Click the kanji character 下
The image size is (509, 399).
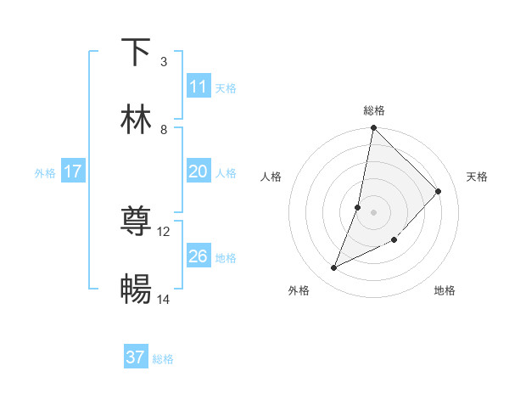[x=136, y=52]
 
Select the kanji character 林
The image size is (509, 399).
[x=136, y=120]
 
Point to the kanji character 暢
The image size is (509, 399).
[x=136, y=289]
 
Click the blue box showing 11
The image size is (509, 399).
[x=199, y=87]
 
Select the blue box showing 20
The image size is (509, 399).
[x=199, y=171]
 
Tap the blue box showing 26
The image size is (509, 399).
[x=199, y=256]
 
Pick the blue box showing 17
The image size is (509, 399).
[x=73, y=171]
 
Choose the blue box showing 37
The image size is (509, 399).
[x=136, y=357]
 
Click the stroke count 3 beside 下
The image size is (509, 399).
[x=163, y=61]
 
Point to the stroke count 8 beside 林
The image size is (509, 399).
[x=164, y=129]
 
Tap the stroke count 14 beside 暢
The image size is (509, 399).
[x=164, y=299]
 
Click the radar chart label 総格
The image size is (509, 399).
[x=374, y=110]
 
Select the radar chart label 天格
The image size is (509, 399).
[x=477, y=177]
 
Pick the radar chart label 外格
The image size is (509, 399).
[x=299, y=290]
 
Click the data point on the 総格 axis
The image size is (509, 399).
[x=373, y=128]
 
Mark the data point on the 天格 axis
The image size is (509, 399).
[x=439, y=191]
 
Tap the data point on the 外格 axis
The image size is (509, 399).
[x=334, y=268]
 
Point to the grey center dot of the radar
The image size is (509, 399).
[x=373, y=212]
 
